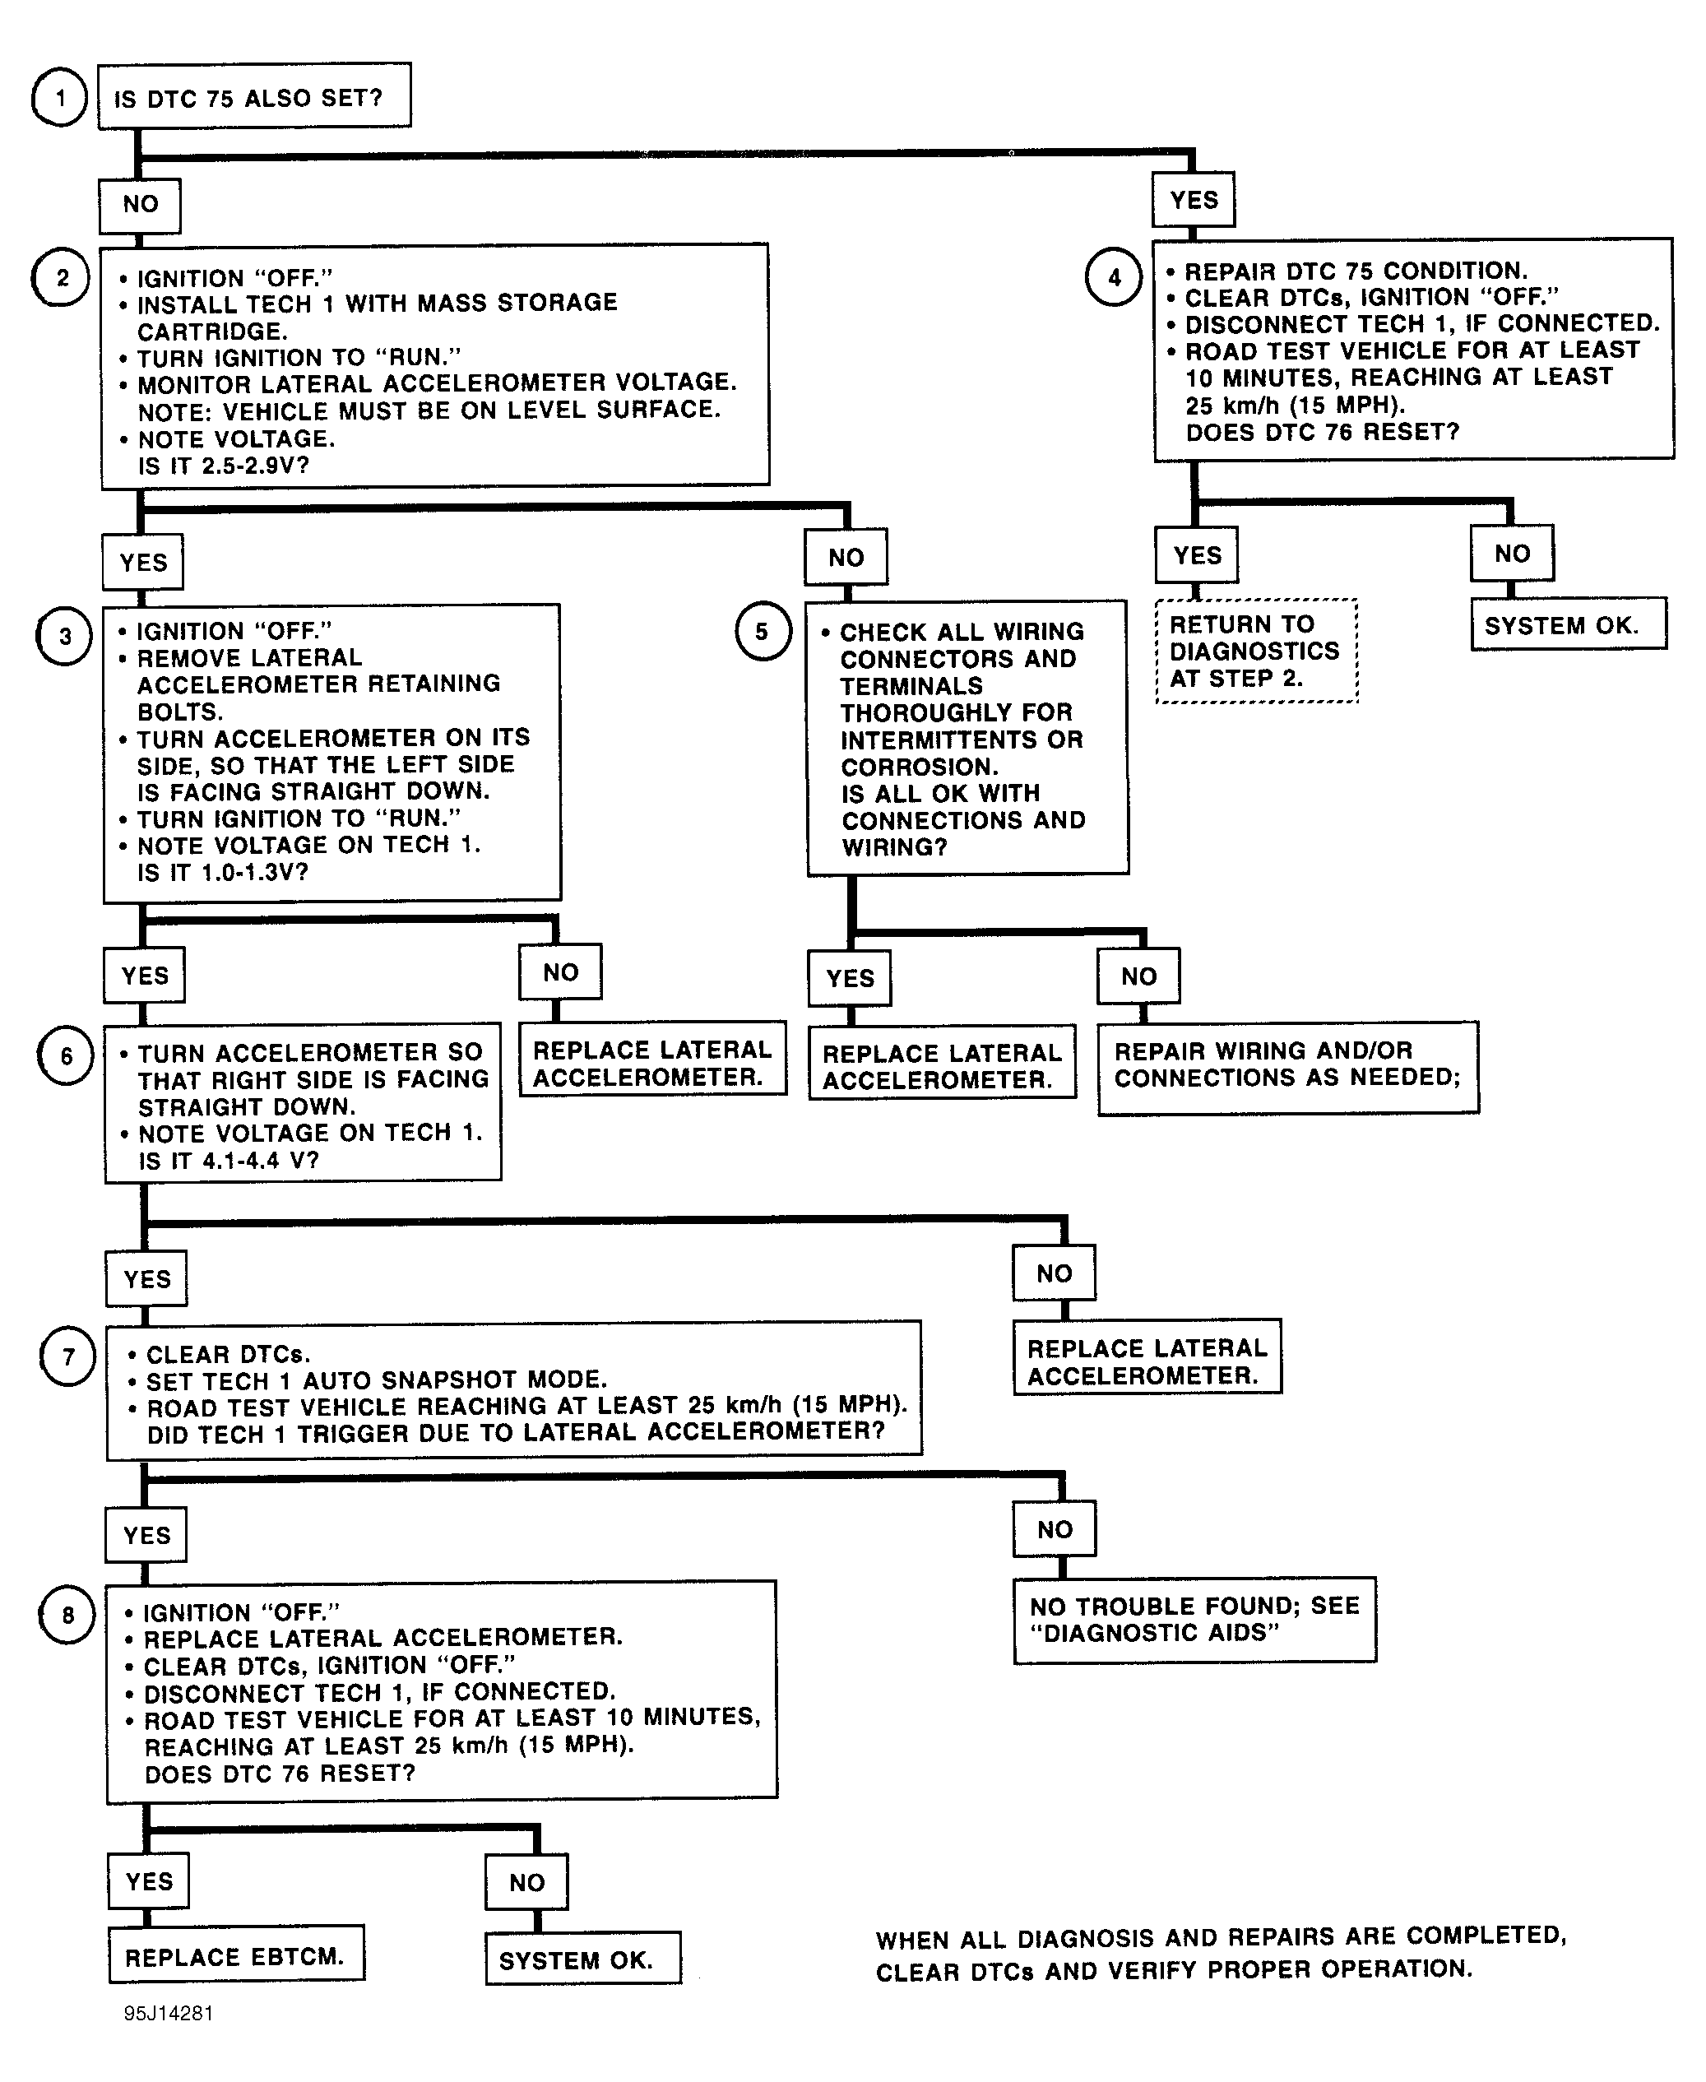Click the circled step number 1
(x=60, y=98)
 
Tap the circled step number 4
(x=1114, y=277)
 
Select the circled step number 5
(x=763, y=631)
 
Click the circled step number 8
(x=67, y=1614)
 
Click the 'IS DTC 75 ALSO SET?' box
(x=254, y=96)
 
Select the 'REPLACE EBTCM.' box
(x=236, y=1956)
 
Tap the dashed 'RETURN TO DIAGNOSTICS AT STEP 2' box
(x=1257, y=651)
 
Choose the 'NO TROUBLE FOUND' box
(x=1195, y=1621)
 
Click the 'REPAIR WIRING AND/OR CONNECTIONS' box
(x=1288, y=1067)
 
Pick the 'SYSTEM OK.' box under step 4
(x=1569, y=624)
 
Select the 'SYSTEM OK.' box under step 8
(x=582, y=1959)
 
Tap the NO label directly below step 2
(x=846, y=558)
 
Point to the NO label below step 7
(x=1055, y=1529)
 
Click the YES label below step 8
(x=148, y=1881)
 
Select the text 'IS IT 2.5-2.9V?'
(x=224, y=465)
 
